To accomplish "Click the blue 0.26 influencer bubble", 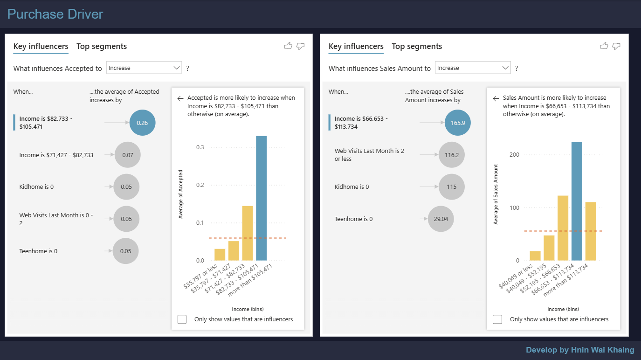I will tap(142, 123).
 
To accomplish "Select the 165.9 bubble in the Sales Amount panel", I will tap(458, 123).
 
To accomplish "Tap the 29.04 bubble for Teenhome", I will tap(441, 219).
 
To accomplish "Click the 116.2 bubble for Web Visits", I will tap(451, 155).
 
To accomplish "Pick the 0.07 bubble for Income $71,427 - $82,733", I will tap(127, 155).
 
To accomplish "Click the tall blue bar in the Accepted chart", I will tap(261, 198).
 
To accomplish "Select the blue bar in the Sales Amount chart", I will tap(577, 201).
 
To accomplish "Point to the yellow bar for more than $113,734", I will tap(591, 231).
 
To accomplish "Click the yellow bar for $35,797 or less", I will tap(220, 255).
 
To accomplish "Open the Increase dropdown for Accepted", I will tap(144, 68).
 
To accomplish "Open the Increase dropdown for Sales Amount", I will tap(472, 68).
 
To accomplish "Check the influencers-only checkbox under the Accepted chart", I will tap(182, 319).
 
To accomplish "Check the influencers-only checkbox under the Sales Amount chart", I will tap(497, 319).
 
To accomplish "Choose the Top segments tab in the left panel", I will tap(102, 46).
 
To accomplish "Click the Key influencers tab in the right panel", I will tap(356, 46).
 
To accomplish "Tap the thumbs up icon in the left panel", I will tap(288, 46).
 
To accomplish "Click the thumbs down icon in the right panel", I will tap(616, 46).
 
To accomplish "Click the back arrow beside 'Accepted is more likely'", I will tap(180, 98).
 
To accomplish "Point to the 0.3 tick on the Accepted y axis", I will tap(200, 147).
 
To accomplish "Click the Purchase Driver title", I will tap(55, 14).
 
